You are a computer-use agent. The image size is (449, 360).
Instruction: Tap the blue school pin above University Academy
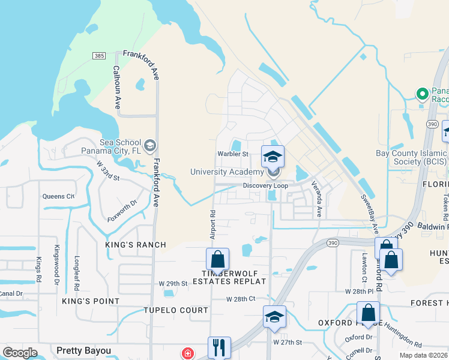(x=273, y=157)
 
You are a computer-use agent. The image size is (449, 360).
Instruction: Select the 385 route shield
(x=100, y=56)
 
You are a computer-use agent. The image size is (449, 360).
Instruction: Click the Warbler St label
(x=233, y=154)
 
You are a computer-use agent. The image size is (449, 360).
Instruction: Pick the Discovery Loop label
(x=266, y=185)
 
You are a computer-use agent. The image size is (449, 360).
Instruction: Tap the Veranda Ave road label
(x=316, y=200)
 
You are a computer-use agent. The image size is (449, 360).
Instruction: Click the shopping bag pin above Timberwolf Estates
(x=217, y=260)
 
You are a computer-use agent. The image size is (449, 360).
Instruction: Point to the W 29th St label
(x=173, y=283)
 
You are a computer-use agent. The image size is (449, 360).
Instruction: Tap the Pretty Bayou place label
(x=84, y=350)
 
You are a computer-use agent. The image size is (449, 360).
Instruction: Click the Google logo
(x=20, y=353)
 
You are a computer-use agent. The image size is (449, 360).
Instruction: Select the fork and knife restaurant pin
(x=219, y=347)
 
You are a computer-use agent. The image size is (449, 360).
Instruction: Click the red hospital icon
(x=188, y=353)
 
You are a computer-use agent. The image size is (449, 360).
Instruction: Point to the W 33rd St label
(x=108, y=171)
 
